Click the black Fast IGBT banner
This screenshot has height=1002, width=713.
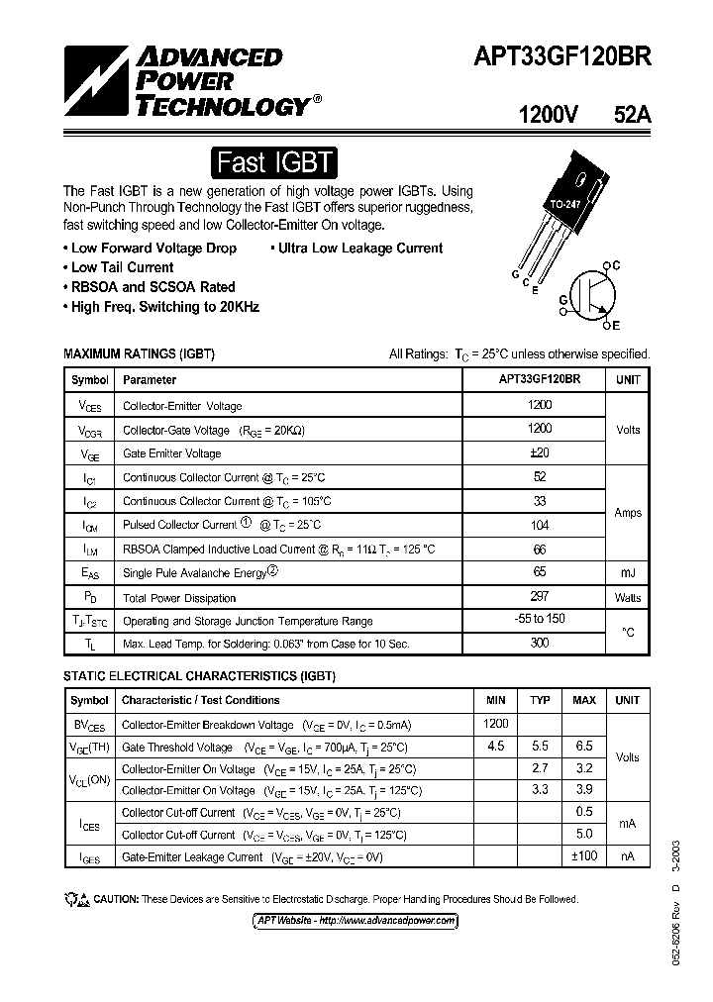point(276,161)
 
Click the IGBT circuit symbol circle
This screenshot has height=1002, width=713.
point(595,294)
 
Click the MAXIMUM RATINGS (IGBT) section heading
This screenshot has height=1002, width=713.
point(139,353)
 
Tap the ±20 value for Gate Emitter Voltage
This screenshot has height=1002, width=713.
point(540,452)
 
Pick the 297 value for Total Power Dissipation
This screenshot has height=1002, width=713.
point(540,596)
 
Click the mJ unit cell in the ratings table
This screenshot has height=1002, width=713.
point(628,572)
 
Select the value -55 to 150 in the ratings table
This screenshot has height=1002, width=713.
point(540,620)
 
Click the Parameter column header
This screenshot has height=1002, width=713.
point(150,379)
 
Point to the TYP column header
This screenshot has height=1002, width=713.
point(540,700)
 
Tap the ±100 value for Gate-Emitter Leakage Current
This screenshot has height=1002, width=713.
point(584,855)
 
